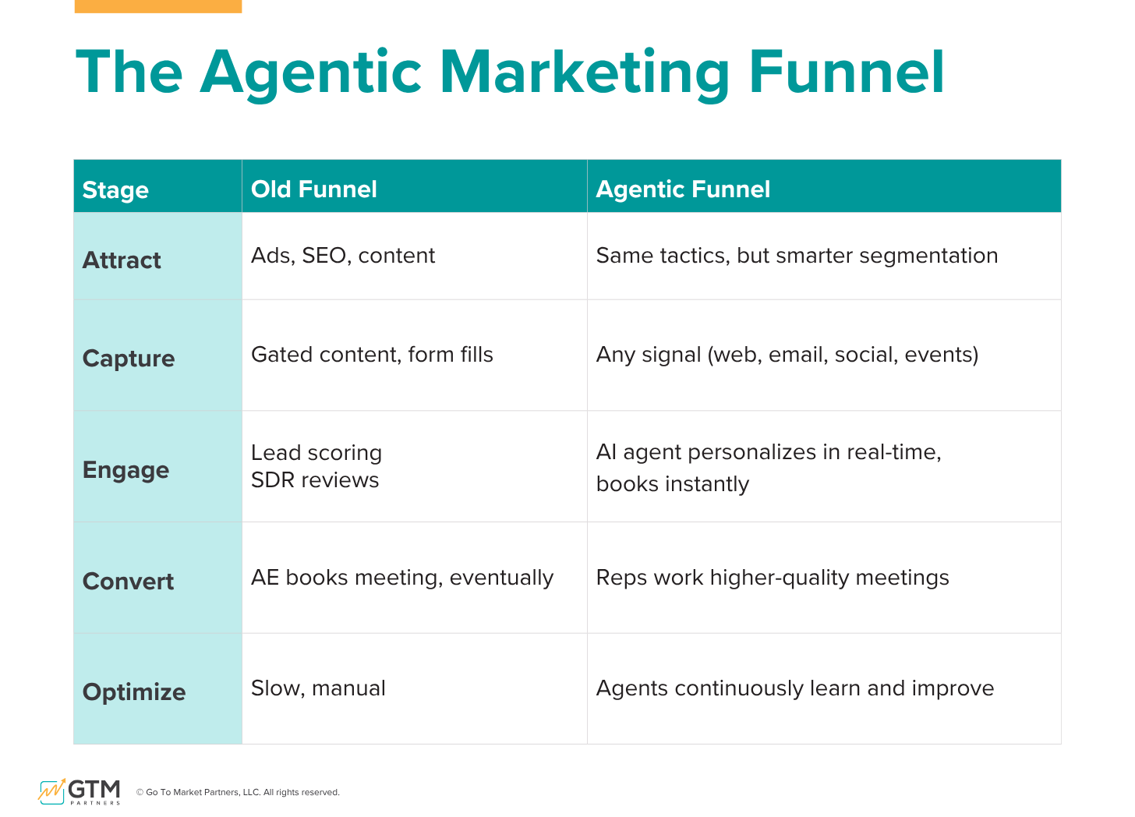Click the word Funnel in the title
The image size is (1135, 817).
tap(847, 73)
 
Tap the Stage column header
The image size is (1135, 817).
tap(115, 189)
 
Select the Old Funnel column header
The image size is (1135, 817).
tap(313, 189)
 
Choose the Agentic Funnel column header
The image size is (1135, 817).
tap(683, 189)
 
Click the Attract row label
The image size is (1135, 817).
tap(122, 260)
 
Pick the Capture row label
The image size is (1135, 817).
tap(129, 359)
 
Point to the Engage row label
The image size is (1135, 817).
tap(126, 470)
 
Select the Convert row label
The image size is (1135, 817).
tap(128, 582)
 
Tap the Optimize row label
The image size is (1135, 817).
tap(134, 692)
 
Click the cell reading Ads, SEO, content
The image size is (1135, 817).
tap(343, 256)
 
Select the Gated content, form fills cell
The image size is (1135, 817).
tap(372, 355)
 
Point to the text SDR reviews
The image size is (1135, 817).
tap(315, 480)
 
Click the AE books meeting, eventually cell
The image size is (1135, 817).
tap(402, 578)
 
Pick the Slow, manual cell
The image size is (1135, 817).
tap(318, 688)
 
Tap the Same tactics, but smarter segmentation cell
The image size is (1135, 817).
tap(797, 256)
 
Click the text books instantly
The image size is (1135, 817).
tap(673, 484)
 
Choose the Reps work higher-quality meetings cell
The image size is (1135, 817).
tap(773, 578)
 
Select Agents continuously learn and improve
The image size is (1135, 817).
tap(795, 688)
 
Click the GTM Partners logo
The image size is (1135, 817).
tap(80, 791)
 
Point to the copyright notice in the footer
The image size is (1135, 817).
tap(238, 792)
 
